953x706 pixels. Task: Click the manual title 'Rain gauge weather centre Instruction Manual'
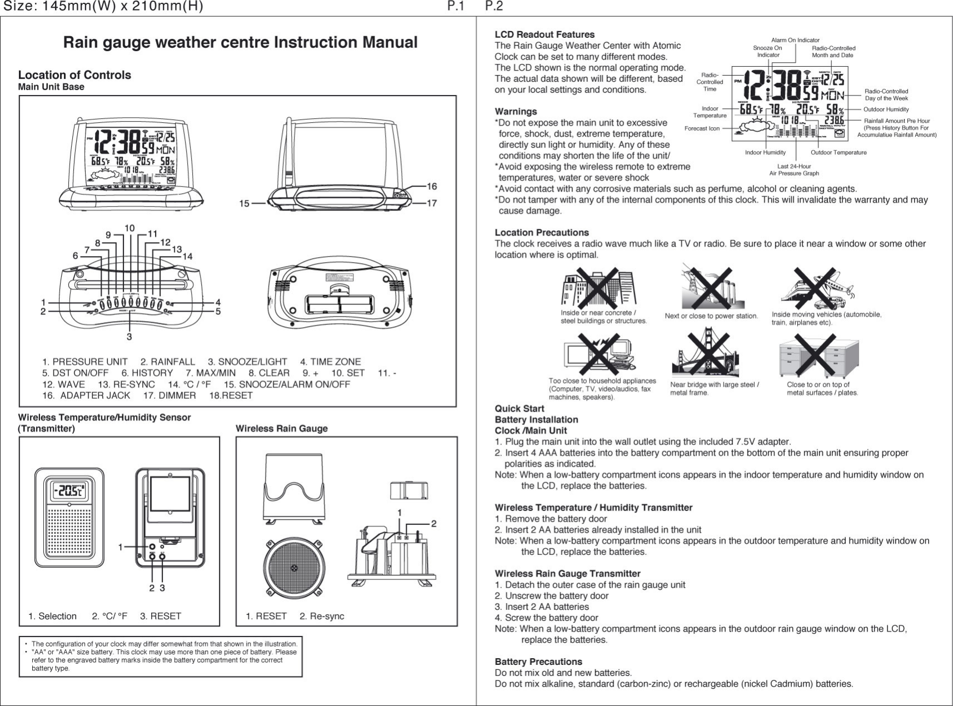240,43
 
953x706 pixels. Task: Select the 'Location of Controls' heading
74,75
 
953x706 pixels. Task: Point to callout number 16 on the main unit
432,186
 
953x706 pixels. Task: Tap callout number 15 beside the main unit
245,203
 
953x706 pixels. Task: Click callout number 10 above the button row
129,228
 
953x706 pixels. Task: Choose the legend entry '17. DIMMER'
169,395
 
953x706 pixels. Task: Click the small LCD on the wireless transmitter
69,490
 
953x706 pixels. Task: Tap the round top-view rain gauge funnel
294,568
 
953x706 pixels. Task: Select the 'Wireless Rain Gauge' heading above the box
282,428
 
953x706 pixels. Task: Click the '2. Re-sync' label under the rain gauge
322,616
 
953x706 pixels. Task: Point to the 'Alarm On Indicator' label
795,40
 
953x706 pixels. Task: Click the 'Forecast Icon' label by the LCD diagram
702,128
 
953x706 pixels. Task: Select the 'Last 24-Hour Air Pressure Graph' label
794,169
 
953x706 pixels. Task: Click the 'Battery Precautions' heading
538,662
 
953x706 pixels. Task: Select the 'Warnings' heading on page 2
516,112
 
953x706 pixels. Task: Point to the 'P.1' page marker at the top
456,7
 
